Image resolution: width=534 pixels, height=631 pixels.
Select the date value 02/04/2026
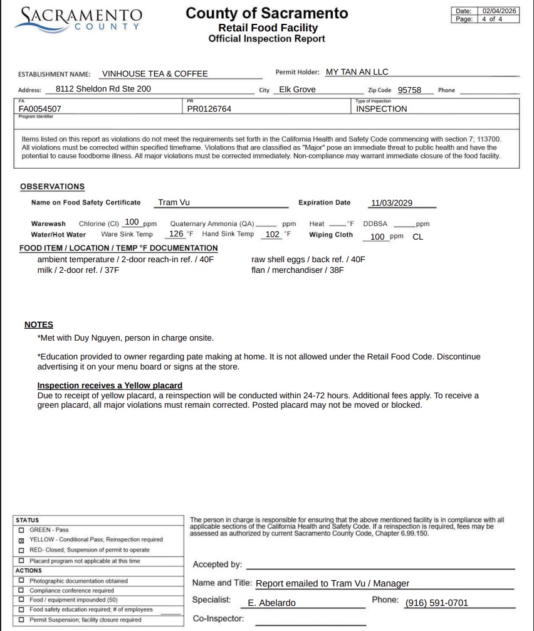(500, 11)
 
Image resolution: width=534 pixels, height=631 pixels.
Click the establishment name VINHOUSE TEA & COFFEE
(155, 73)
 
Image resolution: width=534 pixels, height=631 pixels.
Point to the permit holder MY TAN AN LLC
(357, 72)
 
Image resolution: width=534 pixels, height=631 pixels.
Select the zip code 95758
(409, 90)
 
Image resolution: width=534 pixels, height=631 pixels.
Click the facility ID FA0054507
(40, 109)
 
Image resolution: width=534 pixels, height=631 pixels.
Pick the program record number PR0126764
(209, 109)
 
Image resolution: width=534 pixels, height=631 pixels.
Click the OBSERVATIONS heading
(52, 187)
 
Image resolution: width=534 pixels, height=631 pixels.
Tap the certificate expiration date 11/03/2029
(392, 203)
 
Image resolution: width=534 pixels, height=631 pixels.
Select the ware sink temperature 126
(177, 234)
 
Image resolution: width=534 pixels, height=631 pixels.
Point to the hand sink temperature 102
(273, 234)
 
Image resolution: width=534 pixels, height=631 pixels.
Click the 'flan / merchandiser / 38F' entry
(298, 270)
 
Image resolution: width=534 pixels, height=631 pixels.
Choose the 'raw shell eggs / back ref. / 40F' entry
(308, 259)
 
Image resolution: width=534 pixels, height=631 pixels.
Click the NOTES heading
(39, 325)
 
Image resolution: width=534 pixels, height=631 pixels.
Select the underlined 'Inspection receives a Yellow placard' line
(110, 385)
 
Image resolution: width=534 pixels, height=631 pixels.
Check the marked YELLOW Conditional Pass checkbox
(22, 540)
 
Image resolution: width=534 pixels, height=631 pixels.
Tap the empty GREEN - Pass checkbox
(22, 530)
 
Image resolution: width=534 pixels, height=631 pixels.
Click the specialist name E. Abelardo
(272, 603)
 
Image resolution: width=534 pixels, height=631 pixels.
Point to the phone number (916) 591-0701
(436, 603)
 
